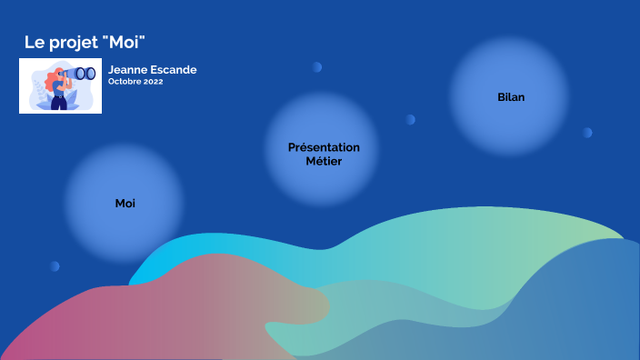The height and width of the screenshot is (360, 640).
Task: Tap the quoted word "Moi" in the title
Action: pos(126,43)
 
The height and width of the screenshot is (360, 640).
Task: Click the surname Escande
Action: pos(175,70)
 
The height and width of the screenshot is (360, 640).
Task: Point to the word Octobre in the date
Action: pos(125,81)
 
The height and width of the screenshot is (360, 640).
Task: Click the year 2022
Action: pos(152,81)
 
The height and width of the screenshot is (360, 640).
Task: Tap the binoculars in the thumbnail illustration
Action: pos(85,73)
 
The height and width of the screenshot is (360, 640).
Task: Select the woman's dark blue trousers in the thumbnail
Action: pos(59,99)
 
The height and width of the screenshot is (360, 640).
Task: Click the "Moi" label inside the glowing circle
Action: pos(125,203)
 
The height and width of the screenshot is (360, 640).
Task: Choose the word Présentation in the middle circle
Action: pos(324,147)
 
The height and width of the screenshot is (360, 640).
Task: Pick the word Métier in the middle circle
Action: pos(324,161)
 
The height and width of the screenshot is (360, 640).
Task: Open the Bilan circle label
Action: pos(511,96)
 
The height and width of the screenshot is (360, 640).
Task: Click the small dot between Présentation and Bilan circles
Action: pos(411,119)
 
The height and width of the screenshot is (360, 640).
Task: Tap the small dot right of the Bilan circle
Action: pos(587,133)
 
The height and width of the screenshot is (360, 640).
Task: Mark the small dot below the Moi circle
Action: pos(55,266)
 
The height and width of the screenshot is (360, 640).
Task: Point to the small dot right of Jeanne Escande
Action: pos(317,66)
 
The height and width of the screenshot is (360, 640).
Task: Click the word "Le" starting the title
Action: pos(34,43)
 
